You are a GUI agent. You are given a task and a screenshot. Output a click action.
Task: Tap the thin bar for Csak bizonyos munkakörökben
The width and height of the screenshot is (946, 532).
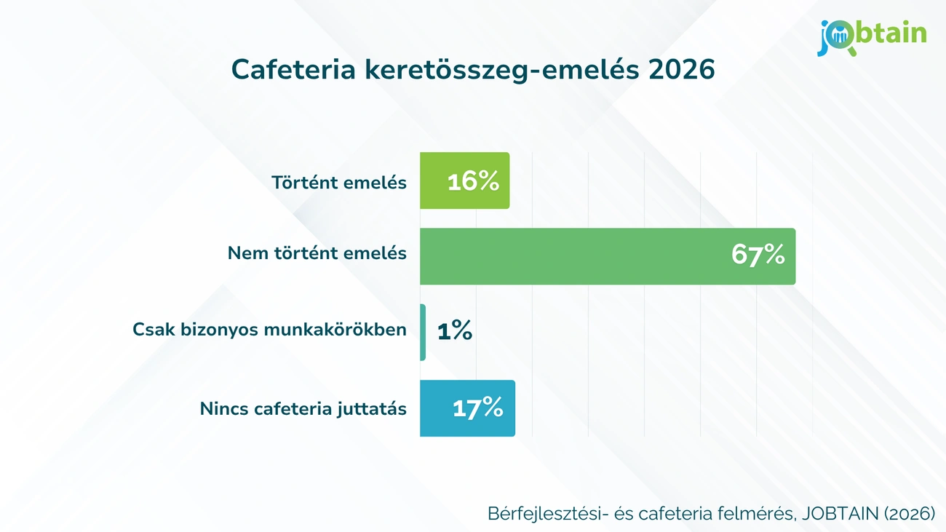pos(423,332)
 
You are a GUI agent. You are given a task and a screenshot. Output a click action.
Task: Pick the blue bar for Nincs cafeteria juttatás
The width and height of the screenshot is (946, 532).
pos(437,408)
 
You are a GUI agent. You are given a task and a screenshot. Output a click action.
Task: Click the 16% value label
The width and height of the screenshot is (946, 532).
pos(473,181)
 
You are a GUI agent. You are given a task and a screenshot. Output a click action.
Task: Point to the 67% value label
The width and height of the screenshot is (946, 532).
pos(758,255)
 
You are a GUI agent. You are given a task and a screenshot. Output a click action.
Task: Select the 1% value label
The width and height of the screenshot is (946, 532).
pos(455,332)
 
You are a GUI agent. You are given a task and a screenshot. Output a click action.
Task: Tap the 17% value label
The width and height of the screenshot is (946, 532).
pos(477,408)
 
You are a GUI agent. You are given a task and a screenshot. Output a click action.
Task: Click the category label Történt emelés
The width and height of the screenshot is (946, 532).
pos(339,182)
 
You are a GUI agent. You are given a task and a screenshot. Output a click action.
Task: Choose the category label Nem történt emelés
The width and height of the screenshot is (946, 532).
pos(317,253)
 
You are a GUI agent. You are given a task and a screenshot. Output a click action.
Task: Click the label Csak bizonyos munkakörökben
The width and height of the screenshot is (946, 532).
pos(269,330)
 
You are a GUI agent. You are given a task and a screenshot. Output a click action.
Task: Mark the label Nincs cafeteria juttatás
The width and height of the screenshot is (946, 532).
pos(303,409)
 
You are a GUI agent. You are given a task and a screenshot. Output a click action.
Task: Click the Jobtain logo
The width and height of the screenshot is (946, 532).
pos(872,36)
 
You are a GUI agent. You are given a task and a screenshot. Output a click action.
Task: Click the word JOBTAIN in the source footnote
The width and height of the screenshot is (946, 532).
pos(840,513)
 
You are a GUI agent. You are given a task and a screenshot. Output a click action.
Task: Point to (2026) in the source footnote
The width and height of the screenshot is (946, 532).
pos(910,513)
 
